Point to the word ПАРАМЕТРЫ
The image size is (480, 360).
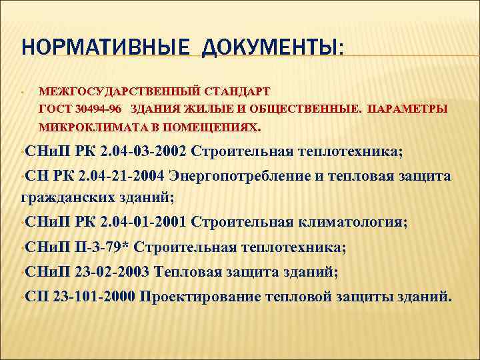[x=407, y=108]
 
